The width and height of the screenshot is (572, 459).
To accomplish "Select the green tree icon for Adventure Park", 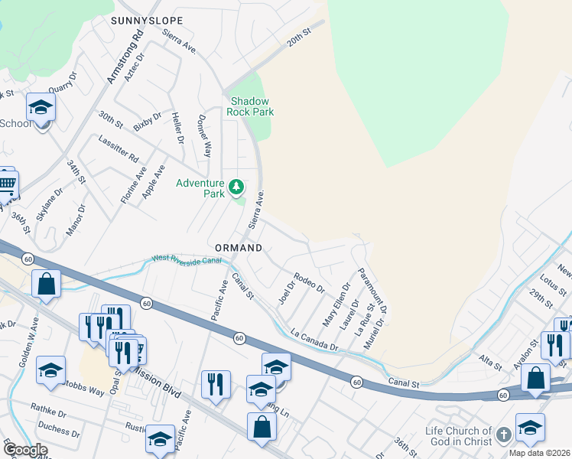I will pyautogui.click(x=237, y=186).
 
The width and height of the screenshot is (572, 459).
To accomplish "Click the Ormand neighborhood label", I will pyautogui.click(x=239, y=249).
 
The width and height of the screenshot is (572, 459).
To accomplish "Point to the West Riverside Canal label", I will pyautogui.click(x=187, y=261).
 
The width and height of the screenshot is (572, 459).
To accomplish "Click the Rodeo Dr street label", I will pyautogui.click(x=309, y=284).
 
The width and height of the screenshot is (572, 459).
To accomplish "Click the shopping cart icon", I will pyautogui.click(x=6, y=184).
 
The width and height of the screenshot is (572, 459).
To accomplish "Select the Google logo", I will pyautogui.click(x=26, y=450).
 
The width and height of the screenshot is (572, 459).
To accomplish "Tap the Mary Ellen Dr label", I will pyautogui.click(x=336, y=305).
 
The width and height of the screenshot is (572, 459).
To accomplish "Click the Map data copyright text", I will pyautogui.click(x=541, y=454).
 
